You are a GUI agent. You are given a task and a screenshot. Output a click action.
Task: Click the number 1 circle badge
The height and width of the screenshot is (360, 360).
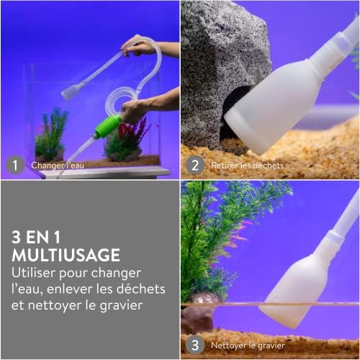click(14, 166)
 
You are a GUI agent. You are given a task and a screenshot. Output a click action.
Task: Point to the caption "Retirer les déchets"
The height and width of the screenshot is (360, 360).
click(247, 166)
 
